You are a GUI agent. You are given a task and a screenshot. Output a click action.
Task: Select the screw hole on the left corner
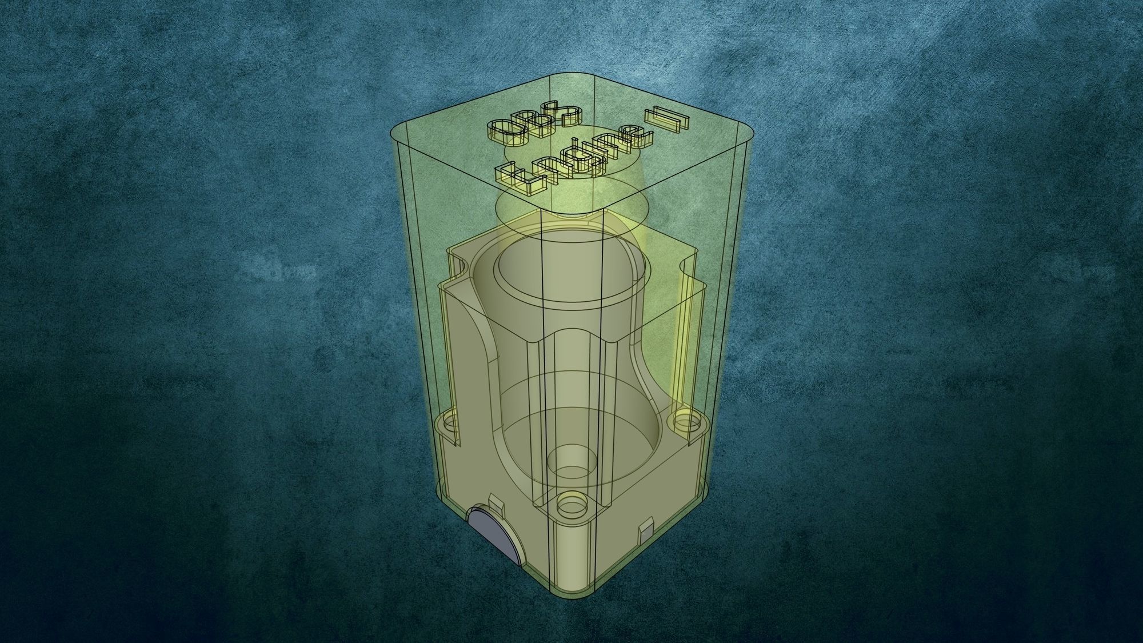coord(449,425)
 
